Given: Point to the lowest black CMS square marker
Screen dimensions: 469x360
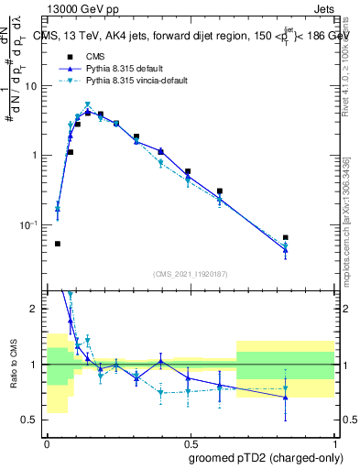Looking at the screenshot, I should pos(58,244).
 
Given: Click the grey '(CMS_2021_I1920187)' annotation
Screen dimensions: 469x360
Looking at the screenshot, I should pos(191,273).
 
